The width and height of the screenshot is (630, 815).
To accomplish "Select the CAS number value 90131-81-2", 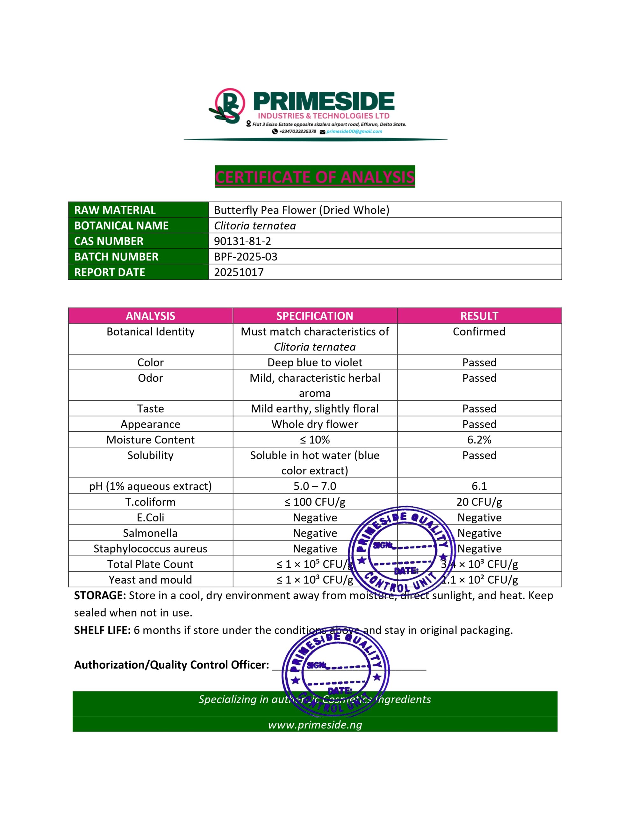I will pos(242,241).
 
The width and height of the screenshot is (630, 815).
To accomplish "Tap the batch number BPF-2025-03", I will pos(245,257).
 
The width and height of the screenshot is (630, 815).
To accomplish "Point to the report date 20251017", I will pos(239,273).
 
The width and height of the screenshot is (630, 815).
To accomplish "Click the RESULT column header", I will pos(479,316).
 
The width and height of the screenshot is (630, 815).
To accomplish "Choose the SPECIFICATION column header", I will pos(315,316).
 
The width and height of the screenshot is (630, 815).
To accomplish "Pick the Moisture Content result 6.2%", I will pos(479,440).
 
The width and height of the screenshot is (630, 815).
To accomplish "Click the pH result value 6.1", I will pos(479,486).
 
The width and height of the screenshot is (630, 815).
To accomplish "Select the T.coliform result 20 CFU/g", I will pos(479,502).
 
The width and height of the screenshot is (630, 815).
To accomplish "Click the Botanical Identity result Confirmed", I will pos(479,332).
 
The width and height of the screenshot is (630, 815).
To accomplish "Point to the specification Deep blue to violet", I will pos(315,362).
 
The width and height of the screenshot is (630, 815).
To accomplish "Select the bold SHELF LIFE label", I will pos(102,630).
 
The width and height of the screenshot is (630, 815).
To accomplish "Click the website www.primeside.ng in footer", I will pos(315,725).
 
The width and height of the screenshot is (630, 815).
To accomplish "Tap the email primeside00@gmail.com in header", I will pos(354,131).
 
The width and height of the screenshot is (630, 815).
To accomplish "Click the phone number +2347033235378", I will pos(297,131).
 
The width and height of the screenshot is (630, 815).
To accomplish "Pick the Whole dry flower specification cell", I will pos(315,424).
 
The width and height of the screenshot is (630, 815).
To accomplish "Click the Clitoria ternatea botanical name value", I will pos(255,226).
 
